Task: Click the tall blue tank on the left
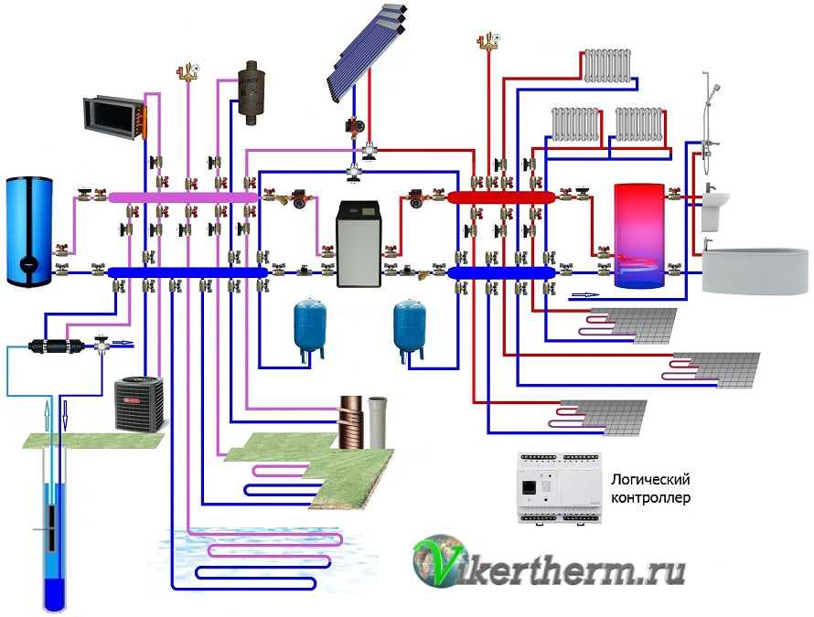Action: pyautogui.click(x=29, y=231)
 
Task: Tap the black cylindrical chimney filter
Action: pyautogui.click(x=249, y=92)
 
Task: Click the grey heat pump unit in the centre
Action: pyautogui.click(x=359, y=244)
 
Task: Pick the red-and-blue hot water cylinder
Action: pyautogui.click(x=638, y=235)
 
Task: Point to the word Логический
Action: pyautogui.click(x=650, y=479)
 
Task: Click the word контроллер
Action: pyautogui.click(x=650, y=497)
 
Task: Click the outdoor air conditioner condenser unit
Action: pyautogui.click(x=139, y=404)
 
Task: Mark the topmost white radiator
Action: pyautogui.click(x=607, y=66)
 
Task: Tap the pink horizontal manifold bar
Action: pyautogui.click(x=183, y=197)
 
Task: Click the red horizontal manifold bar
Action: pyautogui.click(x=501, y=197)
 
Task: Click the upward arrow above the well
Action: pyautogui.click(x=48, y=415)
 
